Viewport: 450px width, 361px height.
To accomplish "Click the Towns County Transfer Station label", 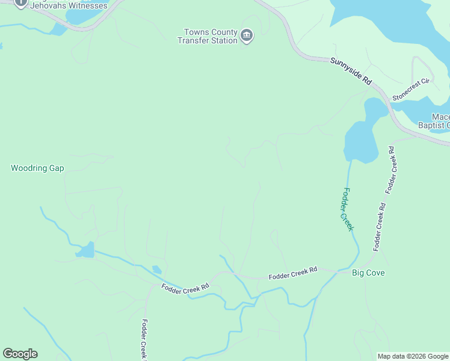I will [x=207, y=36].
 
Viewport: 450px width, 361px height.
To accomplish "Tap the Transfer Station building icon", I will [x=246, y=36].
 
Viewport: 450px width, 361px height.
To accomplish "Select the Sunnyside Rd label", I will [x=351, y=71].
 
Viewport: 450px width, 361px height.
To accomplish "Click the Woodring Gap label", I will [x=37, y=168].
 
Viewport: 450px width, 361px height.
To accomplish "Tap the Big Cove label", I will [x=368, y=273].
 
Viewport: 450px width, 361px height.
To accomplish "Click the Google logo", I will [x=20, y=354].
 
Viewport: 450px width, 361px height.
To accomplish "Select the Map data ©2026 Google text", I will [x=413, y=356].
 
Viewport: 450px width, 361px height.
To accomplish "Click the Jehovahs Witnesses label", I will [x=69, y=6].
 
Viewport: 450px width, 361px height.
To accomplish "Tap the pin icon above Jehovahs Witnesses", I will [x=20, y=2].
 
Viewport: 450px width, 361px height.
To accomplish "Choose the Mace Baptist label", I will [x=440, y=121].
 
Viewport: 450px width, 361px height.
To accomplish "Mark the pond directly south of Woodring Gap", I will [x=85, y=250].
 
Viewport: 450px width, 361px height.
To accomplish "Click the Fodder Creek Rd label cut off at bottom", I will [x=144, y=340].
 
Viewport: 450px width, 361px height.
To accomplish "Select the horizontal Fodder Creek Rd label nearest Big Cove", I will [x=292, y=274].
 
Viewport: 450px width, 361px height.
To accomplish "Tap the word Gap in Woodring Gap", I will [x=57, y=168].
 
